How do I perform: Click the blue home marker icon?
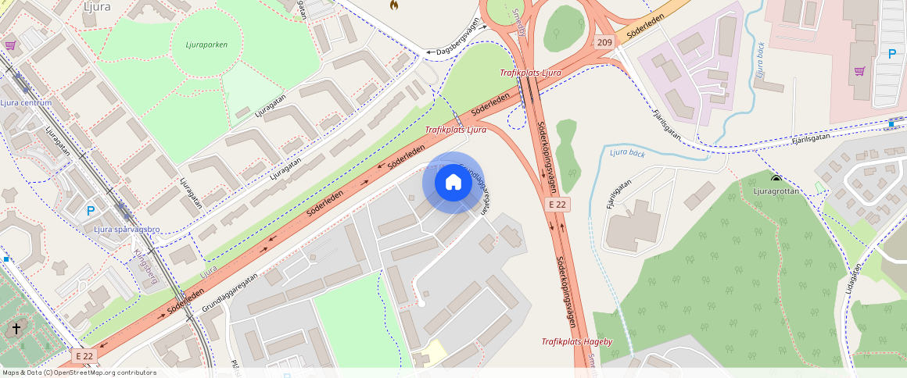[453, 183]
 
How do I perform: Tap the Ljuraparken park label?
[207, 45]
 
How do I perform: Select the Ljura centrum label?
[26, 103]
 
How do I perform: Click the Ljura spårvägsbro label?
[127, 229]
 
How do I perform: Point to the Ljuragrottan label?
[776, 191]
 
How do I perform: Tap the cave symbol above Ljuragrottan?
[776, 179]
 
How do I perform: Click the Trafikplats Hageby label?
[577, 342]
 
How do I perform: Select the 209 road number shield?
[604, 42]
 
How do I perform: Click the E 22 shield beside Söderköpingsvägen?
[557, 204]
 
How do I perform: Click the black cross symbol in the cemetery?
[15, 329]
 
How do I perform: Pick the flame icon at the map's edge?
[393, 5]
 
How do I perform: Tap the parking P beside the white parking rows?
[891, 54]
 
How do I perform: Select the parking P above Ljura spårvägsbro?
[90, 210]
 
